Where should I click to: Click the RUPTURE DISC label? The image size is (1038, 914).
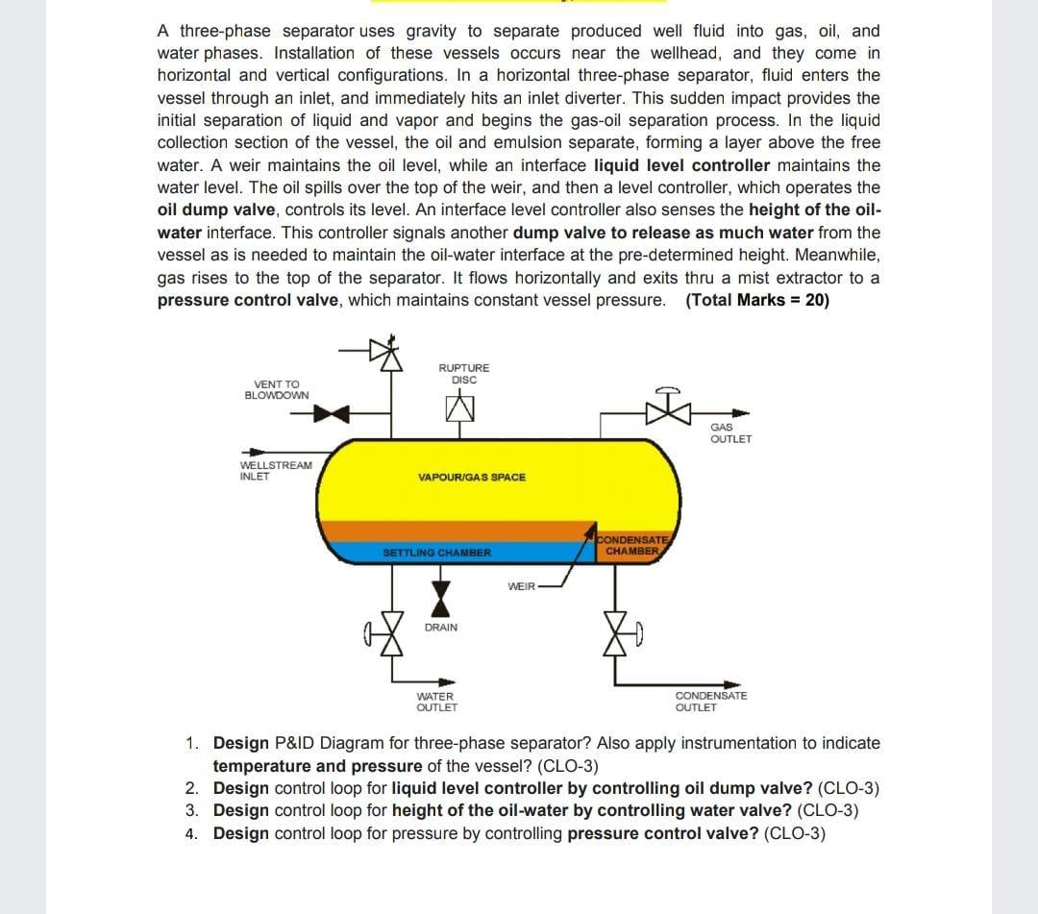pyautogui.click(x=463, y=373)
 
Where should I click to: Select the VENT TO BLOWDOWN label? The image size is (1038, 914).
pyautogui.click(x=277, y=389)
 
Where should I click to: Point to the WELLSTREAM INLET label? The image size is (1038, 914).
pyautogui.click(x=275, y=470)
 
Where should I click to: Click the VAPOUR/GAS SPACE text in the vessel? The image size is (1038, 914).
pyautogui.click(x=472, y=478)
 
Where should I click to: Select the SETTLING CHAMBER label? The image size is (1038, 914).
pyautogui.click(x=436, y=554)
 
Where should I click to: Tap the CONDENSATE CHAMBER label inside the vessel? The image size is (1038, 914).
pyautogui.click(x=631, y=546)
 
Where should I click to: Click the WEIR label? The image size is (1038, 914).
pyautogui.click(x=520, y=585)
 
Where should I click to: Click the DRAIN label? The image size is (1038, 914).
pyautogui.click(x=441, y=628)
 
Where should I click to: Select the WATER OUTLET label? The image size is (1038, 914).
pyautogui.click(x=436, y=702)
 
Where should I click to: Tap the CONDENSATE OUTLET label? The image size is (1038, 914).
pyautogui.click(x=710, y=702)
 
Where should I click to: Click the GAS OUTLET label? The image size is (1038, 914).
pyautogui.click(x=729, y=433)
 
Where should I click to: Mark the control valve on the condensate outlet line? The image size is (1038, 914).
pyautogui.click(x=615, y=631)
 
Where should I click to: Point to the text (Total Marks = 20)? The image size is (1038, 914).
pyautogui.click(x=757, y=300)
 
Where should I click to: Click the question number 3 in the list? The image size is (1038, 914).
pyautogui.click(x=192, y=810)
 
